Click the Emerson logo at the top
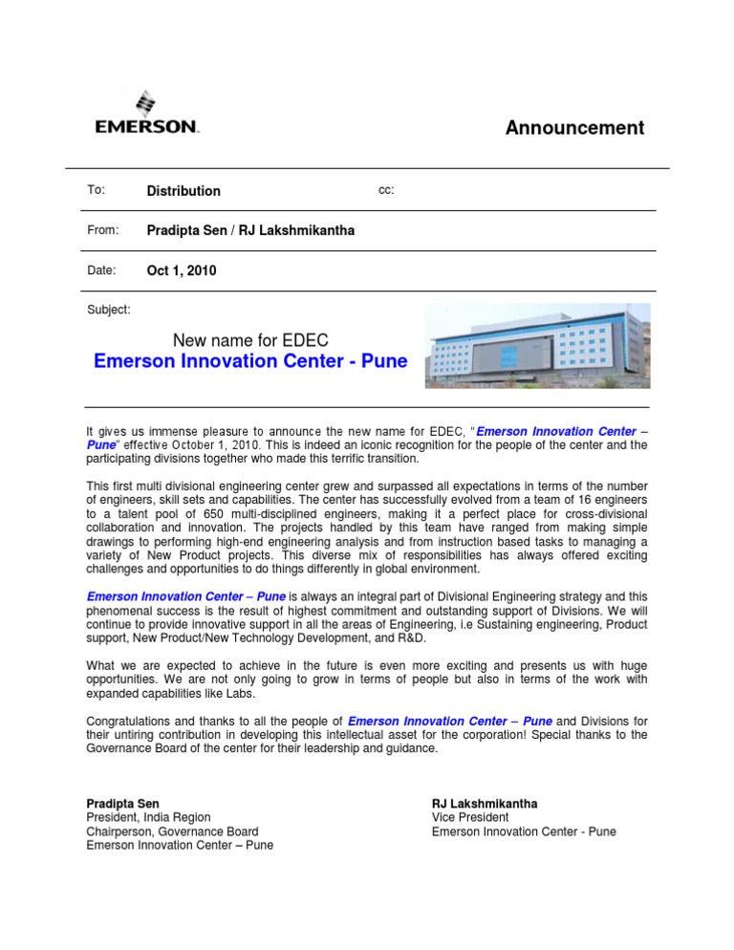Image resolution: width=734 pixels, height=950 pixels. pos(146,114)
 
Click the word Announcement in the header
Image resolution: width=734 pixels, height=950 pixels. pos(574,128)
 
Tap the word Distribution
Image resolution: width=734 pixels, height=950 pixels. pos(183,191)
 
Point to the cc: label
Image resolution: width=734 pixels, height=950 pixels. pos(387,190)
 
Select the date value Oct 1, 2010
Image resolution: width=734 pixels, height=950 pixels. pos(182,271)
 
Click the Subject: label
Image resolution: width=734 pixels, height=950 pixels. pos(109,310)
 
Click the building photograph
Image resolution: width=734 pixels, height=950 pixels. pos(537,345)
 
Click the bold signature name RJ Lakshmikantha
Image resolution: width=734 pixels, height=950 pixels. pos(485,804)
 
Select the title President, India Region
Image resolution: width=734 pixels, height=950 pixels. pos(148,817)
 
